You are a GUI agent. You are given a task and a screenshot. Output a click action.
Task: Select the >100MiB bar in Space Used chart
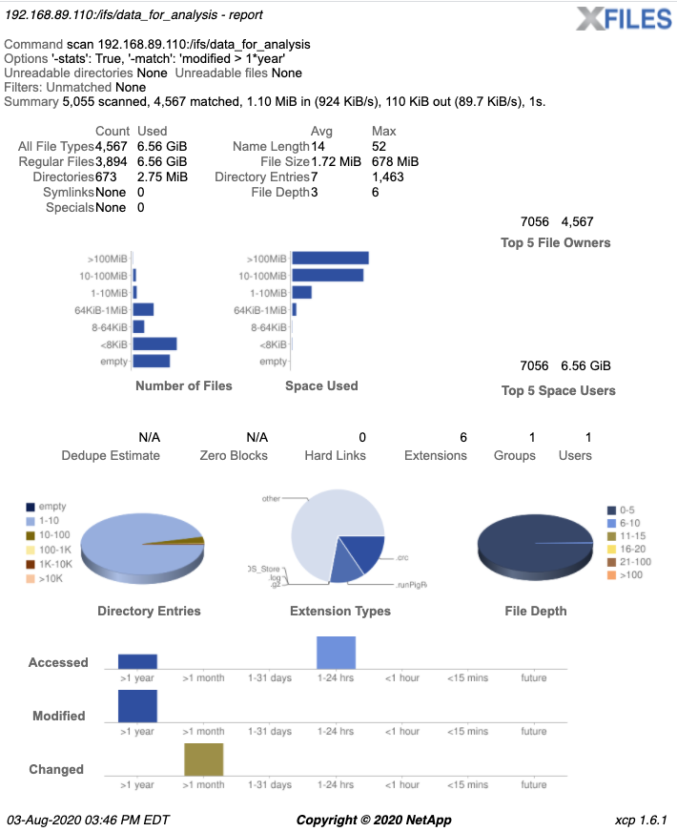(330, 259)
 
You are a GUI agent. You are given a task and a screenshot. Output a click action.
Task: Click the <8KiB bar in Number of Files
(154, 343)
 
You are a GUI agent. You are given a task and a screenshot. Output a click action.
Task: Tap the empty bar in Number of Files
(152, 361)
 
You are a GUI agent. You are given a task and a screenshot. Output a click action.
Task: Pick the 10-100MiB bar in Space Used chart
(327, 276)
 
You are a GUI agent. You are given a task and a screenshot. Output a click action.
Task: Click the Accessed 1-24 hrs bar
(336, 653)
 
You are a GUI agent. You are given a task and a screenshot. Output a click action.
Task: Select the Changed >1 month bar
(204, 759)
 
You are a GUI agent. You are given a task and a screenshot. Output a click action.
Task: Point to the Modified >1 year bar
(137, 706)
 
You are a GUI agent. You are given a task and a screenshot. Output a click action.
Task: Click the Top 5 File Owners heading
(555, 242)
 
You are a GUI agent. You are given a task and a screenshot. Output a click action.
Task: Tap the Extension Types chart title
(339, 611)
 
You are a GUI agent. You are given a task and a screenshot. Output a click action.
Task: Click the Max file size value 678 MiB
(395, 161)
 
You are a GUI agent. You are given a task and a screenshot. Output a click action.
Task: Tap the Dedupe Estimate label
(111, 455)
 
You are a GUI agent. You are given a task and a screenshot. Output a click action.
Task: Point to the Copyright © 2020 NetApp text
(374, 820)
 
